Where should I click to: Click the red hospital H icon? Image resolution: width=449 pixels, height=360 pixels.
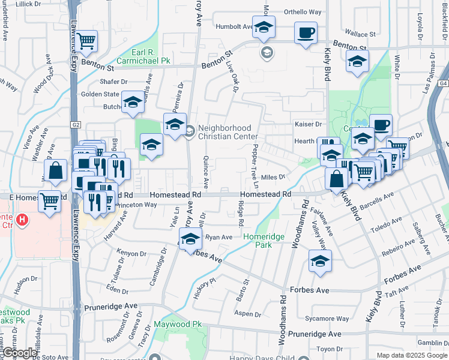point(23,220)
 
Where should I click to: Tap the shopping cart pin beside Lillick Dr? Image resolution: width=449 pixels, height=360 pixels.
point(86,41)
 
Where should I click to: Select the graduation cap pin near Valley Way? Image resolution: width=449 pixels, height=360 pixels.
point(320,261)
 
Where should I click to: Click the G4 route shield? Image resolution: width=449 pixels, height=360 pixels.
point(443,85)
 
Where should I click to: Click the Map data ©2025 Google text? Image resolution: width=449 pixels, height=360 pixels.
point(412,355)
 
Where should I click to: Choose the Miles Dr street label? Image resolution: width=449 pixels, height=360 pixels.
point(272,177)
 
